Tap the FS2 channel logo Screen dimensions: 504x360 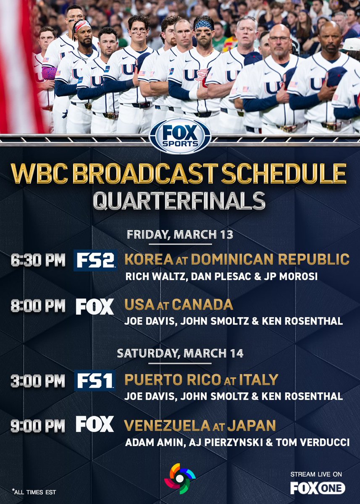point(95,260)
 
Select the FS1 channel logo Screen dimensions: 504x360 point(95,381)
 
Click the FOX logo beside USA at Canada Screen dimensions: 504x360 point(95,306)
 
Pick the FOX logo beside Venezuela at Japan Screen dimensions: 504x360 point(95,425)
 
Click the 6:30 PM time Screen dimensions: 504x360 point(38,260)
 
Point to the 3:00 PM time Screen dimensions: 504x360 point(38,381)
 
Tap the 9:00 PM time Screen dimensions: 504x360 point(38,425)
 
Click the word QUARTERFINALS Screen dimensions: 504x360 point(179,201)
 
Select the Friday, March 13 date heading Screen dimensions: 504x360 point(180,234)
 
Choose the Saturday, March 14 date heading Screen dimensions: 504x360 point(180,353)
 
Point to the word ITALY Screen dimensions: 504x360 point(259,380)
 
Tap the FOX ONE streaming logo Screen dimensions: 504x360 point(318,488)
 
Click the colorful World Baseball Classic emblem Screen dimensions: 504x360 point(180,478)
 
